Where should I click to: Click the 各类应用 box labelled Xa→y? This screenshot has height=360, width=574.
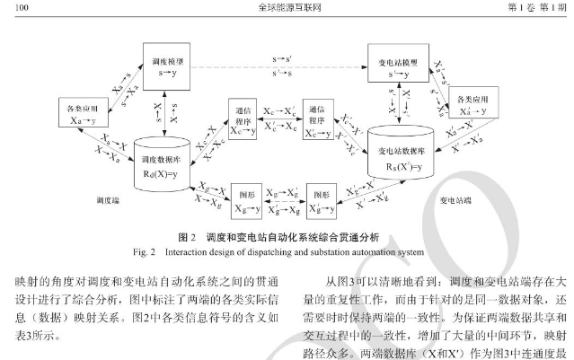82,111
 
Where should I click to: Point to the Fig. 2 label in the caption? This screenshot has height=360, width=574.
169,250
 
